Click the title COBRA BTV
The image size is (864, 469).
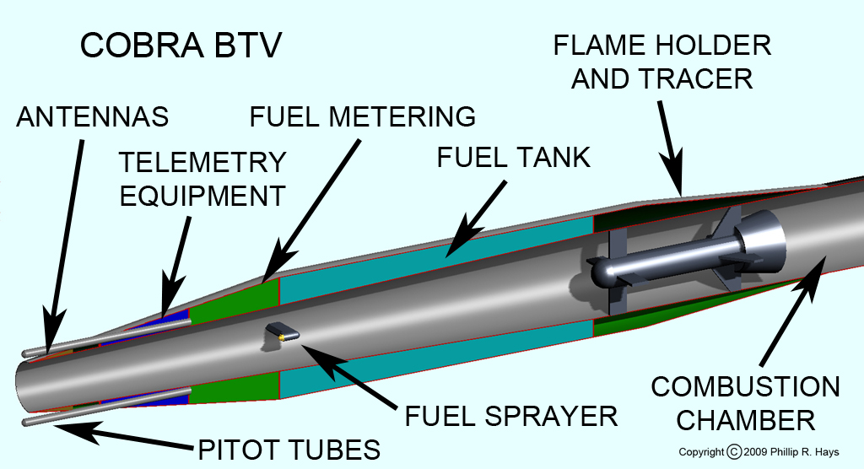181,46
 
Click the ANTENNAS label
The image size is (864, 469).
92,117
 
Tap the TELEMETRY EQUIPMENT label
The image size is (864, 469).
202,179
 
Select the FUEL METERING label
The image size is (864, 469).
363,116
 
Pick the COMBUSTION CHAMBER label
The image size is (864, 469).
745,403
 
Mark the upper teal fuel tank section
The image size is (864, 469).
435,253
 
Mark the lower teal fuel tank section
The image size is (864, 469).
435,371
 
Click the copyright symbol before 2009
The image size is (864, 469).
735,452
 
